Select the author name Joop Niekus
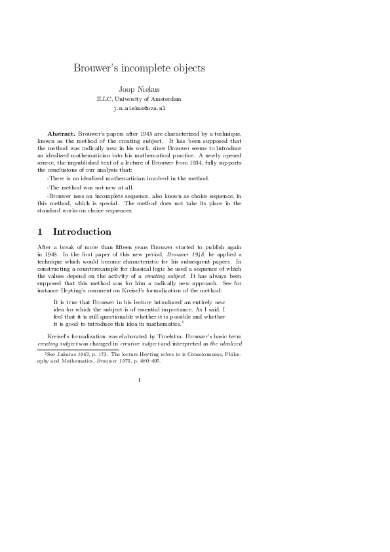(x=139, y=89)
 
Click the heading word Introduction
(x=82, y=232)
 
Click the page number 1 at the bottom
(x=139, y=380)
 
